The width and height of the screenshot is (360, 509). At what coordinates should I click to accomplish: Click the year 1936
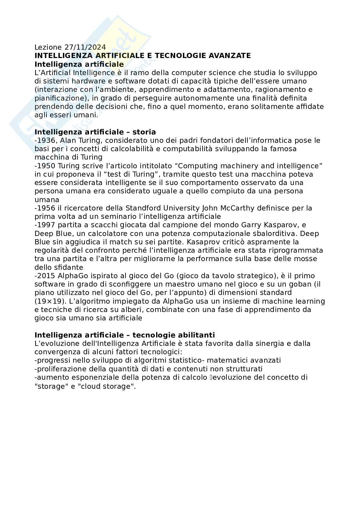(x=47, y=141)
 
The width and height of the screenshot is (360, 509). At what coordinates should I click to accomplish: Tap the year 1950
(x=47, y=166)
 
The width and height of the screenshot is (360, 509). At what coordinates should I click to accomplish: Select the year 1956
(x=47, y=208)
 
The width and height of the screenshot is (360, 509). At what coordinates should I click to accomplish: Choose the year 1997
(x=47, y=225)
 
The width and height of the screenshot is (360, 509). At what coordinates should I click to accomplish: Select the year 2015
(x=47, y=276)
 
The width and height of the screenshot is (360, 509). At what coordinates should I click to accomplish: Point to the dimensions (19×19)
(x=50, y=301)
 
